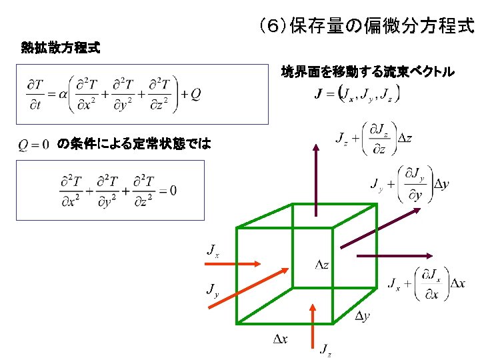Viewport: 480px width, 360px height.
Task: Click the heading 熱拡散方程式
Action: click(x=61, y=48)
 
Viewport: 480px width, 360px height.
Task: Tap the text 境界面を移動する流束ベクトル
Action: click(x=368, y=71)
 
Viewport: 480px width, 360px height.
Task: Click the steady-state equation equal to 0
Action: click(x=118, y=191)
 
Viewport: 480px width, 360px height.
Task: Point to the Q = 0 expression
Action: click(x=34, y=144)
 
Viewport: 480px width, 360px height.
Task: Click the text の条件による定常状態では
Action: click(x=134, y=144)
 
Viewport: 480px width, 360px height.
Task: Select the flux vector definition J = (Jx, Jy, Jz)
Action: click(x=357, y=95)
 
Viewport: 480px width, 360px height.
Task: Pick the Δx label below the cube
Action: click(x=281, y=339)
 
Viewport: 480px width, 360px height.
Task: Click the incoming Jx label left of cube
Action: click(x=213, y=251)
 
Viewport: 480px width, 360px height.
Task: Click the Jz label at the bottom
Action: click(x=325, y=349)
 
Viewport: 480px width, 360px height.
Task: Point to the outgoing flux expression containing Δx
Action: click(x=427, y=283)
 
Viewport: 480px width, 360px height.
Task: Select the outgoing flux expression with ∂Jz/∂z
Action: click(x=373, y=139)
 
